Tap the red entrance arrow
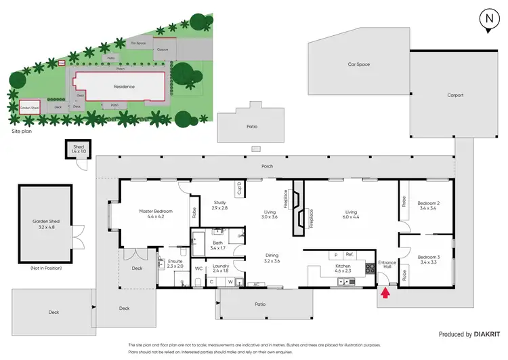click(x=386, y=294)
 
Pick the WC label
click(x=198, y=269)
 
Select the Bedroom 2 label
click(x=429, y=206)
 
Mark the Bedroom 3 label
click(x=429, y=259)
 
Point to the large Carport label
click(x=455, y=95)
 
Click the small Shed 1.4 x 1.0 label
click(x=80, y=148)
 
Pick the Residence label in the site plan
click(x=123, y=86)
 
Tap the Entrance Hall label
click(x=387, y=264)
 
